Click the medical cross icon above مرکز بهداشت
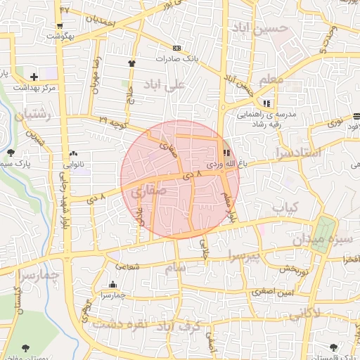pos(34,76)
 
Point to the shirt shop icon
pos(131,63)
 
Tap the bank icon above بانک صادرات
pos(176,48)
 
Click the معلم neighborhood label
pos(271,80)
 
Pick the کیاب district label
pos(285,207)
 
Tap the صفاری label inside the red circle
pos(143,191)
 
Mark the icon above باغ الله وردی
pos(226,153)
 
